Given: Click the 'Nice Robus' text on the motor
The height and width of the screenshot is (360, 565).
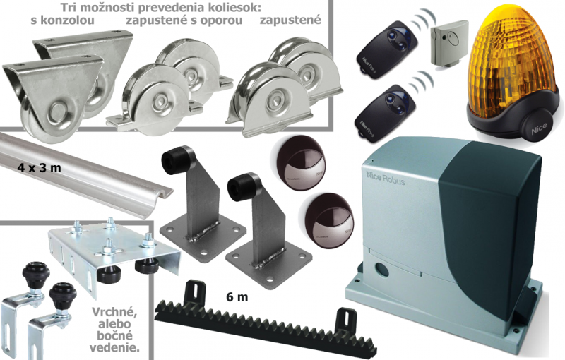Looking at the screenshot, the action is [x=385, y=178].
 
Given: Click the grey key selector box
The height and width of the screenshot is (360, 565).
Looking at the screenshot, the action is [x=449, y=42].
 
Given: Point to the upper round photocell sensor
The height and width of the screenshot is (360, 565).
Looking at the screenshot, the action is [x=297, y=162].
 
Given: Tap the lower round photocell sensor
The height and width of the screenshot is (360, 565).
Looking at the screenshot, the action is [x=328, y=221].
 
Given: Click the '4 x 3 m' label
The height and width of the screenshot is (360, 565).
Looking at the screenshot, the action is [x=40, y=168].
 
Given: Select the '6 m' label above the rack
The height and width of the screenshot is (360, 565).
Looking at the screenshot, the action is [x=237, y=297].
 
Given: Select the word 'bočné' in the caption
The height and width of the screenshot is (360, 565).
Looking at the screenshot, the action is [x=114, y=335].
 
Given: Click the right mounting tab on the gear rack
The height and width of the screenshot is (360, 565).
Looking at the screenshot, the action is [x=346, y=318].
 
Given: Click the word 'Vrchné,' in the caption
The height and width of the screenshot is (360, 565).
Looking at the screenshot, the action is [x=114, y=312].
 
